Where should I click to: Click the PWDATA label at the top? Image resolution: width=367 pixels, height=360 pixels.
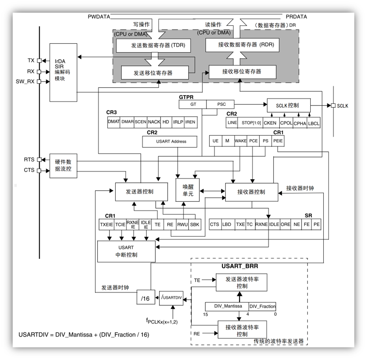tap(99, 17)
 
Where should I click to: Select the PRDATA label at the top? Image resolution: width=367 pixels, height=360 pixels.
tap(296, 17)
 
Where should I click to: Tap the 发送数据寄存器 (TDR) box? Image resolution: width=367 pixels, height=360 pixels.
tap(153, 46)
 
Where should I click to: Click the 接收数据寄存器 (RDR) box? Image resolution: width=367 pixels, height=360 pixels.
tap(243, 44)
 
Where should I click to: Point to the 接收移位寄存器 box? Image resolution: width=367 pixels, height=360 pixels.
tap(241, 72)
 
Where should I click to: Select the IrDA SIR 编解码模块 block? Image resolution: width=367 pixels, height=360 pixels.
tap(63, 72)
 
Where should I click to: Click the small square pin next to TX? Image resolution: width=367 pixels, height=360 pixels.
tap(39, 61)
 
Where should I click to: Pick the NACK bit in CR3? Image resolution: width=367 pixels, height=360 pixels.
tap(154, 122)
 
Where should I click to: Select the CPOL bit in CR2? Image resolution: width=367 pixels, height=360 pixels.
tap(286, 123)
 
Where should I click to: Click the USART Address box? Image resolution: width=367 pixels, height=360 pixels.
tap(170, 141)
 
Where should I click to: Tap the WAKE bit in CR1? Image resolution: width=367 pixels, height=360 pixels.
tap(240, 141)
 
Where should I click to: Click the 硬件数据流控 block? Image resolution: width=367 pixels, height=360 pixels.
tap(63, 166)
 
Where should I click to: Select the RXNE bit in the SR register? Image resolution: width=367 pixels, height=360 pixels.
tap(262, 224)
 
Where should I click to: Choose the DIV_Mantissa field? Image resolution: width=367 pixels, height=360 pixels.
tap(227, 306)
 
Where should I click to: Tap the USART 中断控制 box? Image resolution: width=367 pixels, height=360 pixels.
tap(126, 251)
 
